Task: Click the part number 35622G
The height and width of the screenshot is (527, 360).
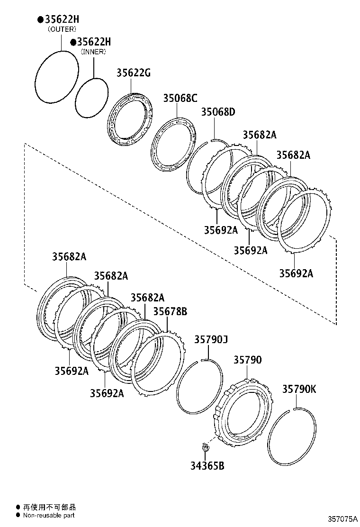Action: tap(134, 73)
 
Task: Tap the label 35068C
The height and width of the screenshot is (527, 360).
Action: tap(180, 98)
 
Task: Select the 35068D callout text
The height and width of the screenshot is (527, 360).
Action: tap(218, 112)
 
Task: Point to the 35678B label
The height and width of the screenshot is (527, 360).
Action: tap(170, 311)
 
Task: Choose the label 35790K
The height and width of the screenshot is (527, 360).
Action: tap(299, 389)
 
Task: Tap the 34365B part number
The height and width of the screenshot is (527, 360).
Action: tap(207, 466)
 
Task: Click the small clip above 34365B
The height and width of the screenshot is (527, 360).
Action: tap(205, 447)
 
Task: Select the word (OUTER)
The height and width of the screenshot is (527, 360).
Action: tap(62, 29)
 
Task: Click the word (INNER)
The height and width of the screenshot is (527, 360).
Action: tap(94, 52)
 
